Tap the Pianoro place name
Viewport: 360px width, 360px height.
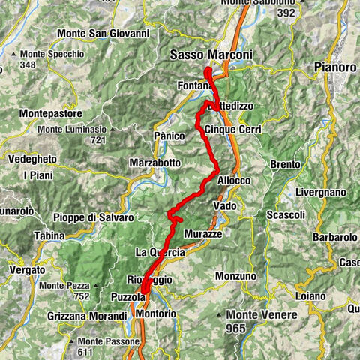(x=335, y=67)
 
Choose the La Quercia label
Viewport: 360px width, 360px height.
(x=160, y=252)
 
